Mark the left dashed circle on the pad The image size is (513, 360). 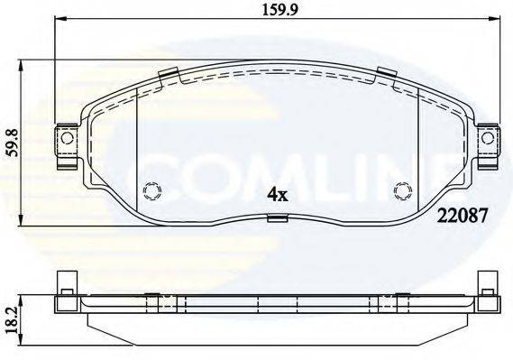click(x=151, y=190)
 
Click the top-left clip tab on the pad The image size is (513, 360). click(x=167, y=76)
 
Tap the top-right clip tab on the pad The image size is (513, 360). click(x=385, y=76)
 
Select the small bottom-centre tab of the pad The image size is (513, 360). click(x=276, y=217)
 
